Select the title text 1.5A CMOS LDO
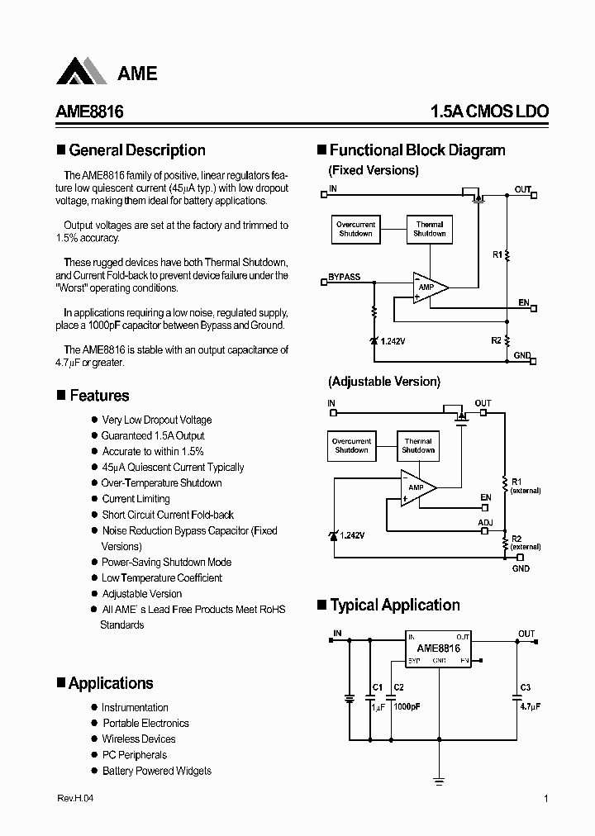tap(488, 112)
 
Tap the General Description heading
tap(137, 150)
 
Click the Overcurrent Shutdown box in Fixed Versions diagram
tap(355, 229)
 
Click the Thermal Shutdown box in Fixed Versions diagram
tap(429, 229)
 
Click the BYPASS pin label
tap(345, 277)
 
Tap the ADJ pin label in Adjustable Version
tap(485, 523)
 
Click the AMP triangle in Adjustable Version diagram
tap(417, 487)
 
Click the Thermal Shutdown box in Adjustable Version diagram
tap(418, 445)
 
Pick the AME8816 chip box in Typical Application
tap(438, 649)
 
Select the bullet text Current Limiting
tap(136, 499)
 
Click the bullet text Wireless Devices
tap(138, 739)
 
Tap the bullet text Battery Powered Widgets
tap(156, 771)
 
